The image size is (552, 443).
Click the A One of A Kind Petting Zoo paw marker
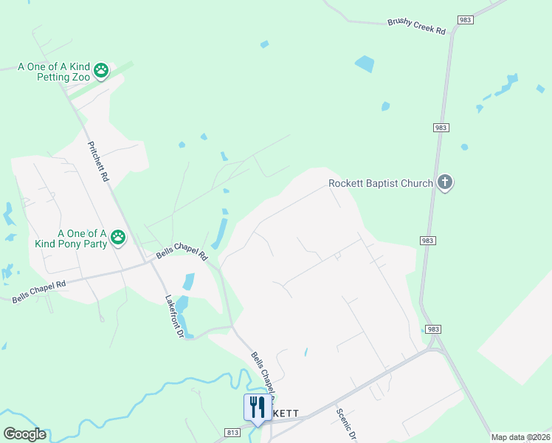(x=101, y=72)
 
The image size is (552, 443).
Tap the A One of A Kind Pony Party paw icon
(x=118, y=237)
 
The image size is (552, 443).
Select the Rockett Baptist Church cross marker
(x=444, y=182)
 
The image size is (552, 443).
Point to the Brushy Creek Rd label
(x=417, y=27)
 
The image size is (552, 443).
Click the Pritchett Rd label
(x=98, y=162)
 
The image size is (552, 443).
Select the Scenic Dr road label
(x=346, y=424)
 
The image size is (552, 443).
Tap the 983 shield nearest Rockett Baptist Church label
(x=441, y=128)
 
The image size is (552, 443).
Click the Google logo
(x=24, y=434)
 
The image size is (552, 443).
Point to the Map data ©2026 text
(x=520, y=437)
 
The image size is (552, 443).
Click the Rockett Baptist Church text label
(x=380, y=183)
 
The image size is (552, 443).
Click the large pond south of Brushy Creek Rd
(x=365, y=63)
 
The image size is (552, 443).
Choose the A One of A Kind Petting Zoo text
(x=55, y=72)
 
